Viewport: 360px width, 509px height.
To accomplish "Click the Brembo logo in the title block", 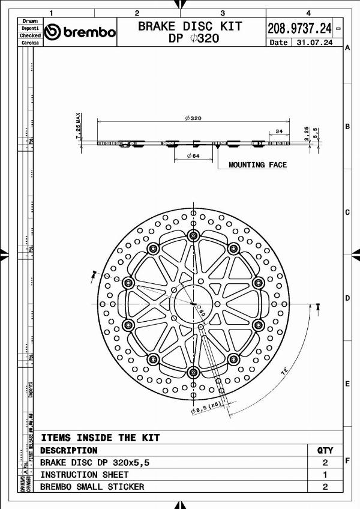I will pos(80,32).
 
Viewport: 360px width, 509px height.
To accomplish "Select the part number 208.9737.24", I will pos(299,28).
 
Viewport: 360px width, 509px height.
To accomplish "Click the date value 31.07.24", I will pos(312,43).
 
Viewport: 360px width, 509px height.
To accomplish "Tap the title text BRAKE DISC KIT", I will pos(190,26).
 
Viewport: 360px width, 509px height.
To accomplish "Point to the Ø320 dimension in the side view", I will pos(193,118).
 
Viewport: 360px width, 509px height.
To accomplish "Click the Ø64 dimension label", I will pos(193,156).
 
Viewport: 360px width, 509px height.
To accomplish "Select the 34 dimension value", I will pos(279,131).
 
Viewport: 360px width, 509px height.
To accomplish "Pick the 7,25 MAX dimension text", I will pos(79,125).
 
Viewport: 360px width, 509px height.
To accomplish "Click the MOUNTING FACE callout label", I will pos(257,164).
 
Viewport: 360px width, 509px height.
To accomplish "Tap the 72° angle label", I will pos(283,372).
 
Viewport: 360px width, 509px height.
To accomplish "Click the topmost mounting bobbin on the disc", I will pos(193,235).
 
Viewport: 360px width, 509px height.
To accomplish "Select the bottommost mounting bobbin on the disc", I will pos(193,373).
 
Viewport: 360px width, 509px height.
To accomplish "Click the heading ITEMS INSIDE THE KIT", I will pos(100,438).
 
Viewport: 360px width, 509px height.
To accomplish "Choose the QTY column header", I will pos(325,450).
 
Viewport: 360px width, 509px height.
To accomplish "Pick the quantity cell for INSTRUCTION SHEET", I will pos(325,475).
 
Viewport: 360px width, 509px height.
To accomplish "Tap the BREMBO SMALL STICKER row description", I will pos(92,487).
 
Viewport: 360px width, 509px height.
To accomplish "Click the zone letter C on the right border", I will pos(347,212).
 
